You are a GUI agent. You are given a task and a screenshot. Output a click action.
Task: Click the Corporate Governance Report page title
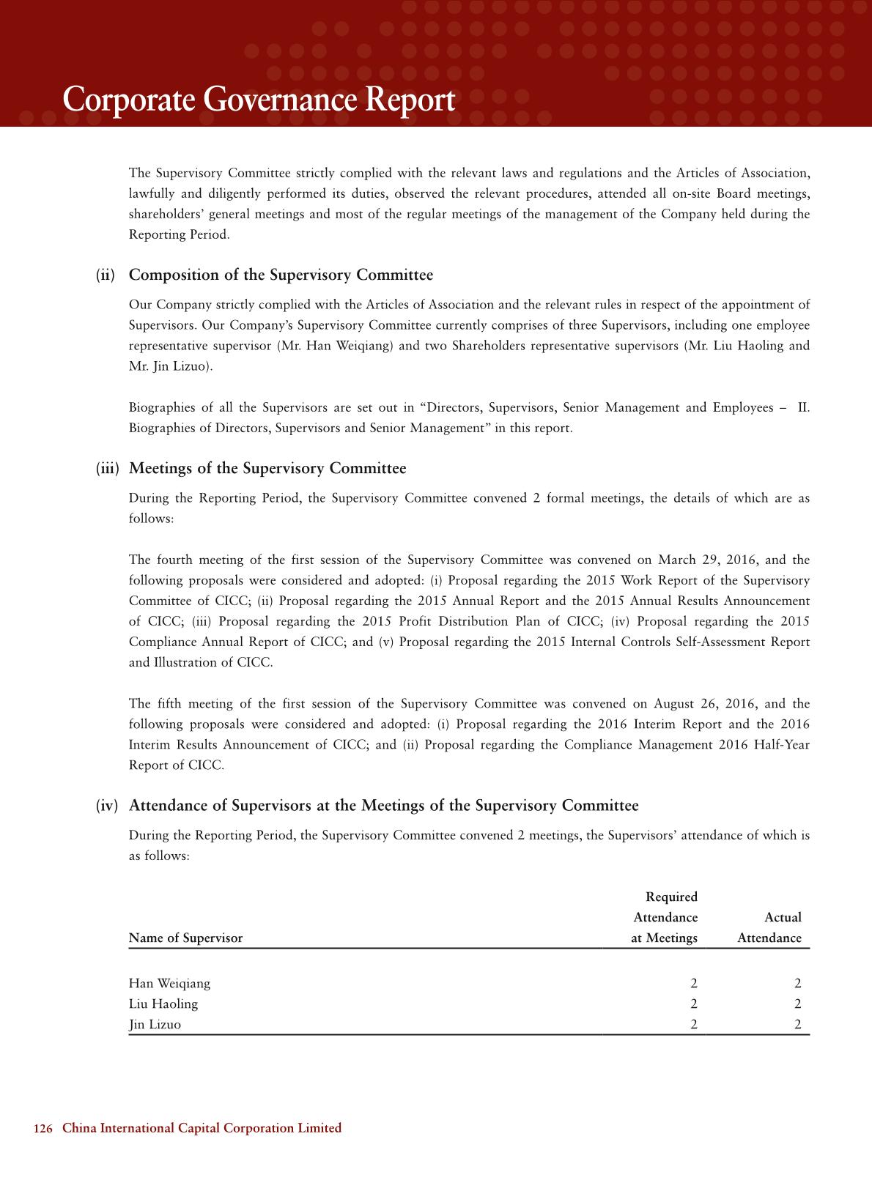pos(259,100)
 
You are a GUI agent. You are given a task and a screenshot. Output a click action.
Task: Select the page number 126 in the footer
pos(43,1128)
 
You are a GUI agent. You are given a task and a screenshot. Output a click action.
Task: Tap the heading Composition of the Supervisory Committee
pos(281,275)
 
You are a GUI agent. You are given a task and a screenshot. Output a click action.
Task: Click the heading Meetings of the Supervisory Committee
pos(267,469)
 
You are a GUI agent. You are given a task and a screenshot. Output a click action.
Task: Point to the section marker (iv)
pos(106,806)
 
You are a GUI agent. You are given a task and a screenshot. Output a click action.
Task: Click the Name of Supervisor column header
pos(185,938)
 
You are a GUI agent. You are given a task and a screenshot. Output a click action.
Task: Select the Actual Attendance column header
pos(769,928)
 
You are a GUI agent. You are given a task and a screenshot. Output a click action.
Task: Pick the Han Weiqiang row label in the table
pos(169,984)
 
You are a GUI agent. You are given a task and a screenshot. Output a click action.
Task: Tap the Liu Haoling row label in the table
pos(163,1004)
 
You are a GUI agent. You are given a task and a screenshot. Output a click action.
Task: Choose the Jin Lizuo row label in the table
pos(155,1025)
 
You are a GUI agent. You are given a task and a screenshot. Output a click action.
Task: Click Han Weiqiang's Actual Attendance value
pos(797,984)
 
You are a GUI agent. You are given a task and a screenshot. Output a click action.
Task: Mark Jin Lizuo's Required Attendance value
pos(693,1025)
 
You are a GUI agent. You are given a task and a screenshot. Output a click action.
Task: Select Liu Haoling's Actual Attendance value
pos(797,1004)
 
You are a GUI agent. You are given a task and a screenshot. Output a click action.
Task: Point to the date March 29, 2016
pos(707,560)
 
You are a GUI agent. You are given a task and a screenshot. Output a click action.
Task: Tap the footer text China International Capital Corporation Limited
pos(202,1128)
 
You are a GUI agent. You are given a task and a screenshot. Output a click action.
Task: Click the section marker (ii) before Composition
pos(106,275)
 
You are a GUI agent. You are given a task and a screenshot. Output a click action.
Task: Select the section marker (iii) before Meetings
pos(107,469)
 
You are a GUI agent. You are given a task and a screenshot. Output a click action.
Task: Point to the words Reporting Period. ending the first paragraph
pos(179,235)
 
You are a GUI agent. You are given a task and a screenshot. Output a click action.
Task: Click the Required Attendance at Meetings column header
pos(665,918)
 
